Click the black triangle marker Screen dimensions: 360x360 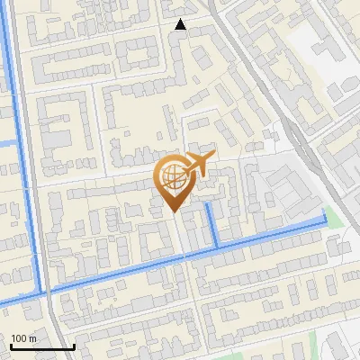pos(181,24)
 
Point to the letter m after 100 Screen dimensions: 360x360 pos(32,338)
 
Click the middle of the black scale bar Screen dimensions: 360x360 pos(41,346)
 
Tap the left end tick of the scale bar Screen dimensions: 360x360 pos(10,346)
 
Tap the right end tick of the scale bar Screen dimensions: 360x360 pos(73,346)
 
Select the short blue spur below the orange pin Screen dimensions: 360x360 pos(212,225)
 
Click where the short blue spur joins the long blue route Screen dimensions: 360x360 pos(217,245)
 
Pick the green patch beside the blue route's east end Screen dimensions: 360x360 pos(334,217)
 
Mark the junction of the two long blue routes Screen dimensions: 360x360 pos(41,292)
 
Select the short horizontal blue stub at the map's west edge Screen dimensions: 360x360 pos(8,143)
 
